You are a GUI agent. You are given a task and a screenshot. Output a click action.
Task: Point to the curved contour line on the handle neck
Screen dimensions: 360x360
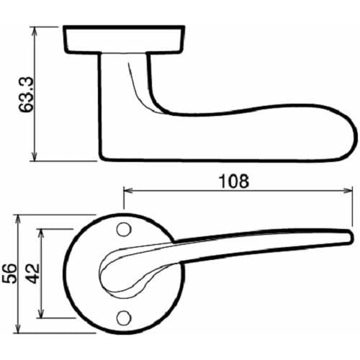coord(141,83)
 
